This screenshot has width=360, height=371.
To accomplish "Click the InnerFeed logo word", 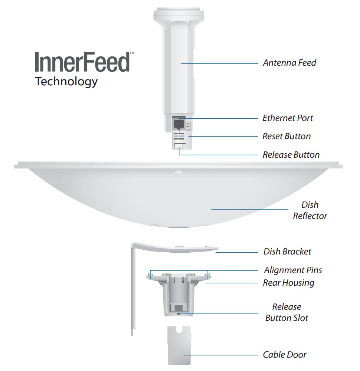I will point(82,62).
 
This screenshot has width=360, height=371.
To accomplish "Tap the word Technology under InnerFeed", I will point(66,82).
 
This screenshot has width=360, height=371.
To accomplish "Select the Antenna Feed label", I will point(289,63).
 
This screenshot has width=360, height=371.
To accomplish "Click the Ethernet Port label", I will point(288,118).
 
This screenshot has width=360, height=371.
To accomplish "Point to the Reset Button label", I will point(287,136).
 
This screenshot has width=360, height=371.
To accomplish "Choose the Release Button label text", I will point(291,154).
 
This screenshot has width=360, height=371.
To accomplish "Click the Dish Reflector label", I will point(310,210).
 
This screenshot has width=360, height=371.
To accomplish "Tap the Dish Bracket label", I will point(287,252).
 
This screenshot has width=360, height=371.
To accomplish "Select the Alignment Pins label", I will point(293,270).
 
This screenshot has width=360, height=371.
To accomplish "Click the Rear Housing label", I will point(288,283).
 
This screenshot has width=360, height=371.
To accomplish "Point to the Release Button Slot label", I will point(287,312).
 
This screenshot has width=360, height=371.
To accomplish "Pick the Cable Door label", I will point(285,355).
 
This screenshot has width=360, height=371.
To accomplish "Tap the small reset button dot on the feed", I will point(188,126).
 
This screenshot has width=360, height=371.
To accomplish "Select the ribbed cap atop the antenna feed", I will point(179,15).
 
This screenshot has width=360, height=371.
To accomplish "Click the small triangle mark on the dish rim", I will point(179,172).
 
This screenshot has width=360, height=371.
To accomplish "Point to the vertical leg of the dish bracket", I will point(133,289).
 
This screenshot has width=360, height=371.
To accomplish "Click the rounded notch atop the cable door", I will point(180,329).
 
